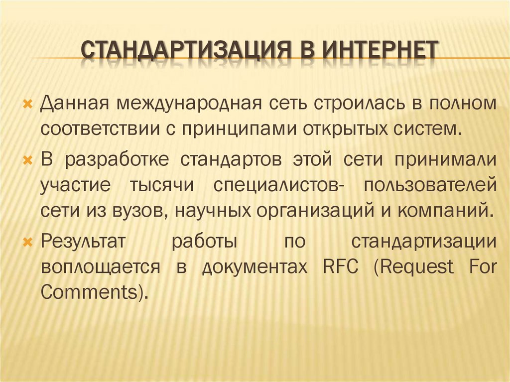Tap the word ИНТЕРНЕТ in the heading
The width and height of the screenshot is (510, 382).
click(x=380, y=52)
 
